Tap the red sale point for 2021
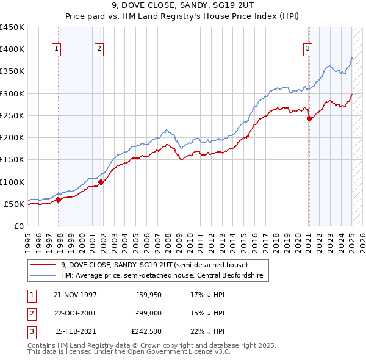click(309, 119)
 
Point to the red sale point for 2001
click(101, 182)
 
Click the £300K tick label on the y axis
click(12, 93)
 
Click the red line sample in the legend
click(42, 265)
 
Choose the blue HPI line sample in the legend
click(42, 276)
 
